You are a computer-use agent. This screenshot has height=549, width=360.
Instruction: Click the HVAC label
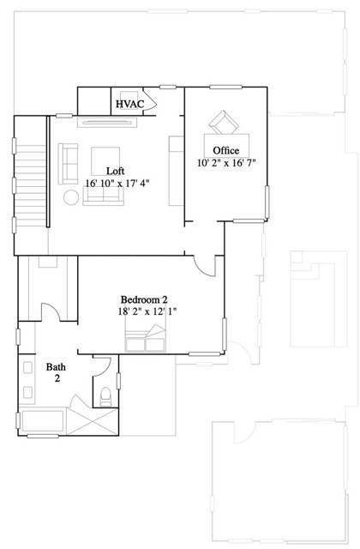point(130,105)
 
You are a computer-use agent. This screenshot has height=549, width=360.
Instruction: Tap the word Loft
point(116,171)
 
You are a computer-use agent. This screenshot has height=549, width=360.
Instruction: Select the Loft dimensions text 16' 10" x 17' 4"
point(117,183)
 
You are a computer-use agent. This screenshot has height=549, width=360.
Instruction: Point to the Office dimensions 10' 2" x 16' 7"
point(226,161)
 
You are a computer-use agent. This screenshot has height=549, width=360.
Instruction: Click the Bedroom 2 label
point(144,299)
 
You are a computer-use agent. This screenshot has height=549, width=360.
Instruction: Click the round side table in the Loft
point(70,196)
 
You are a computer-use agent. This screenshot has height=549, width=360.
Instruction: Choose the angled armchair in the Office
point(224,124)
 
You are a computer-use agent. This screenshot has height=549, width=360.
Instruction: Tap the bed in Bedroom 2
point(147,341)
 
